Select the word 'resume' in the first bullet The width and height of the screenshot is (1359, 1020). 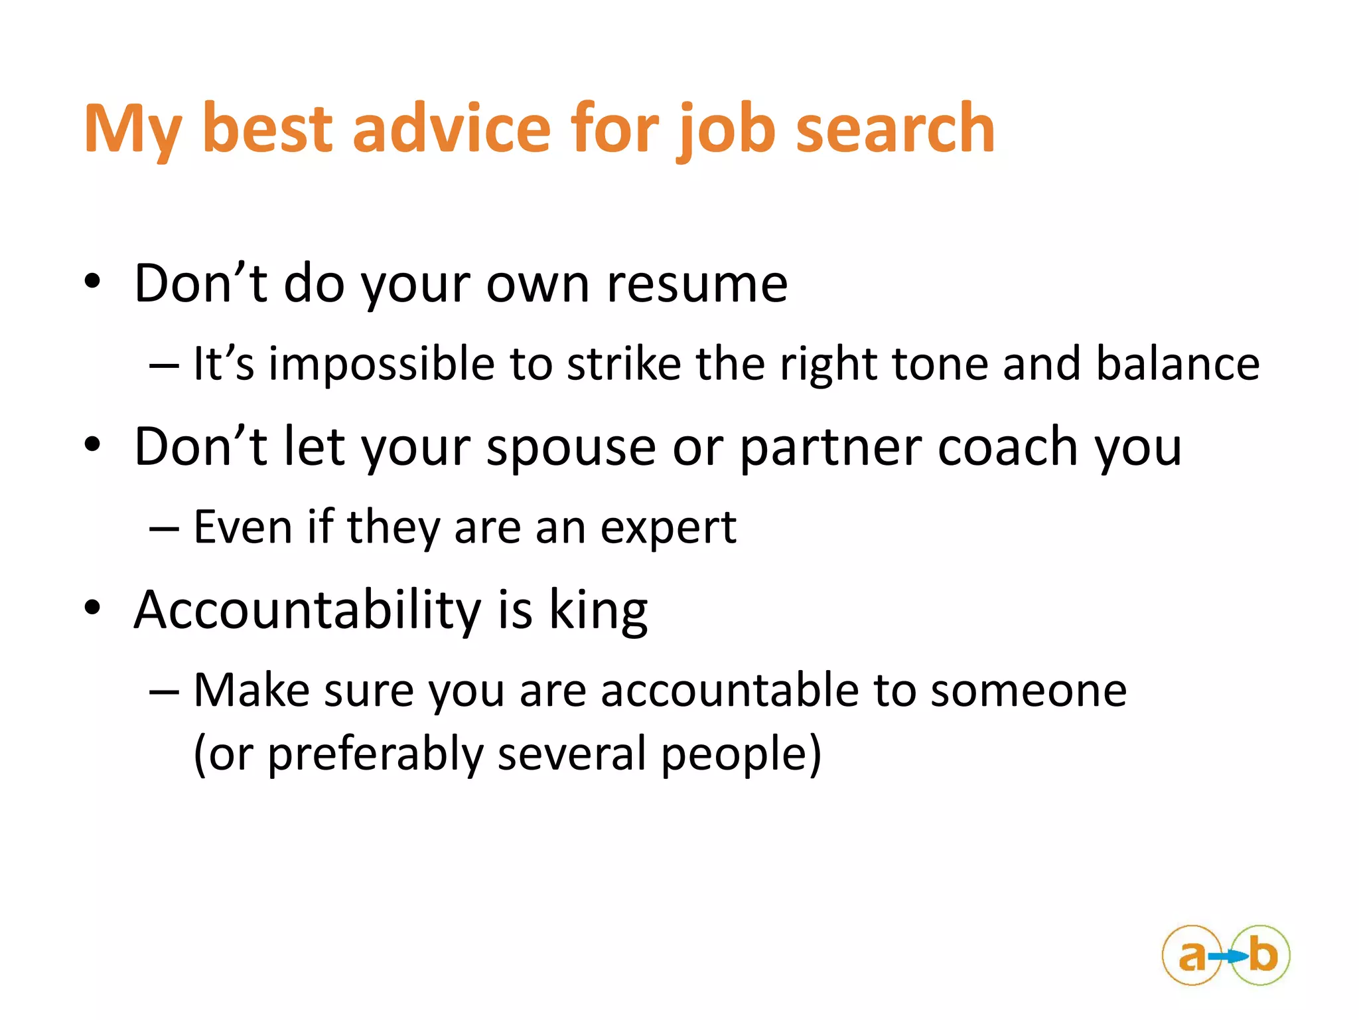(697, 284)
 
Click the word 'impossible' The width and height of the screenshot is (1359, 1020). (382, 365)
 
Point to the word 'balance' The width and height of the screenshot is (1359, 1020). (1177, 365)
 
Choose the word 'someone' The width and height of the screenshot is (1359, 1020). (1029, 691)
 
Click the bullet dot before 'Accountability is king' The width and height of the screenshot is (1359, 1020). (92, 608)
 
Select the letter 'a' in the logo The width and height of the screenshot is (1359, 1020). (1192, 956)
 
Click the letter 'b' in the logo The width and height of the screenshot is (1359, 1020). (1263, 955)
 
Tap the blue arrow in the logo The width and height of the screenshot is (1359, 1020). (1228, 956)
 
